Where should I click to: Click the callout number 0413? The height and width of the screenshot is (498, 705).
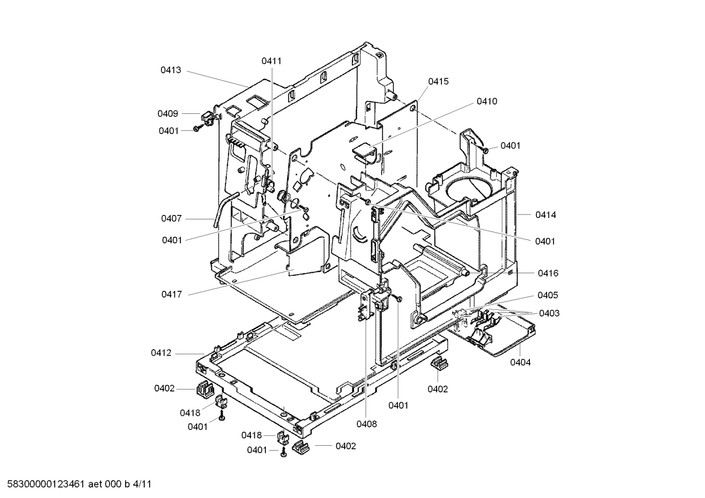(x=171, y=70)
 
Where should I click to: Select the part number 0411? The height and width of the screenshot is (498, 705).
(x=271, y=61)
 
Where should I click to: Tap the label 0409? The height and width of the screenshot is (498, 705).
(x=168, y=114)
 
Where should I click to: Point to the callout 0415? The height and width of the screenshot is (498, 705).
(x=438, y=82)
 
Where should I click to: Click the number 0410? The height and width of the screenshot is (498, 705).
(x=487, y=102)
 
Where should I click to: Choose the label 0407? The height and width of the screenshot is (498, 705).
(x=171, y=218)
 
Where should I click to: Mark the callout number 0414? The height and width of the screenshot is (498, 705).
(x=545, y=215)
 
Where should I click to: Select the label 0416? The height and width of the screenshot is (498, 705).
(x=548, y=274)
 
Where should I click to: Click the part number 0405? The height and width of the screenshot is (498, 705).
(x=548, y=295)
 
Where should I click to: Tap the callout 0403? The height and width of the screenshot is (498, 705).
(x=549, y=313)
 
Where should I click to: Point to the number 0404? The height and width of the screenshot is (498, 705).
(x=520, y=363)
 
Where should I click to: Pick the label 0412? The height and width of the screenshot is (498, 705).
(x=161, y=353)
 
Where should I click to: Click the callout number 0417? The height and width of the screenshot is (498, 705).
(x=171, y=294)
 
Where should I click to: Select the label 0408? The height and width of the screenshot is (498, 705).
(x=367, y=424)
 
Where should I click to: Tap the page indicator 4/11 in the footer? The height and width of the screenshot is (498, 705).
(x=142, y=485)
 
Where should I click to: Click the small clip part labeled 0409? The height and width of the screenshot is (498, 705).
(x=207, y=118)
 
